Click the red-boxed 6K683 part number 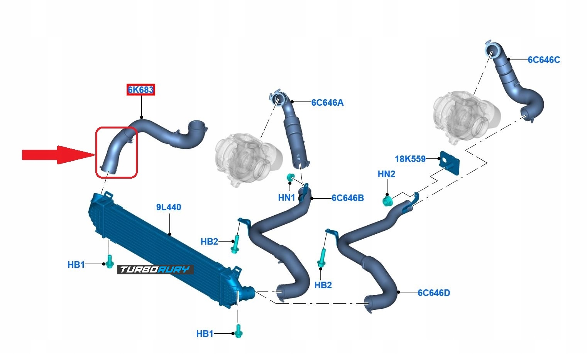coord(141,90)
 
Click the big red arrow coord(58,155)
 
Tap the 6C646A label coord(327,103)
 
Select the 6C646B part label coord(347,198)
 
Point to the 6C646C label coord(544,60)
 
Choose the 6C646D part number coord(434,293)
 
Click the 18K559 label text coord(410,159)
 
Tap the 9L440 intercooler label coord(169,207)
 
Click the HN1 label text coord(286,198)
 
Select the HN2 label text coord(386,174)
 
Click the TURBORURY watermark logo coord(155,269)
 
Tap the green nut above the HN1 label coord(290,177)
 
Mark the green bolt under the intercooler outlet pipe coord(238,331)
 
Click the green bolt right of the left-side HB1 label coord(110,261)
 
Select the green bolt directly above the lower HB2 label coord(321,258)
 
